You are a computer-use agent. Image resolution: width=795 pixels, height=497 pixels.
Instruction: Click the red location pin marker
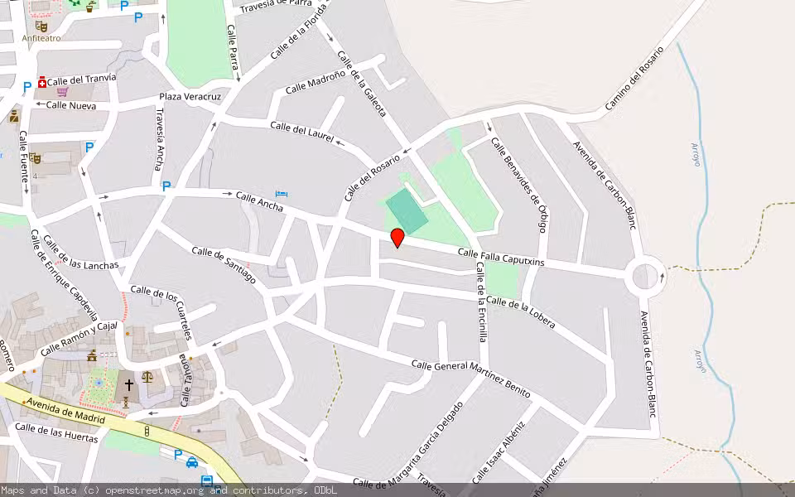[x=397, y=238]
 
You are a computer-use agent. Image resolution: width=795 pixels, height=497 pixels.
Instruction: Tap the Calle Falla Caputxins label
[x=501, y=257]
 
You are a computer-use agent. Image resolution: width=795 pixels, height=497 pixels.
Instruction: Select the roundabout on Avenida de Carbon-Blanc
[x=646, y=277]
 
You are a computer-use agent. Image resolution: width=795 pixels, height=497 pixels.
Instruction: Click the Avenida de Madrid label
[x=65, y=413]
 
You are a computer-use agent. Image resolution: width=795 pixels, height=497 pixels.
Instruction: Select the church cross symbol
[x=128, y=385]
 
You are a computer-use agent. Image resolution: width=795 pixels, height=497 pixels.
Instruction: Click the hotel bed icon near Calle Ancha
[x=282, y=194]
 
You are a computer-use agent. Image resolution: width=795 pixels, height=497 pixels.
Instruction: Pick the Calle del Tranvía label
[x=81, y=80]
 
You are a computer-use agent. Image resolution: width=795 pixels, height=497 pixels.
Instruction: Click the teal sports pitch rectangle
[x=407, y=210]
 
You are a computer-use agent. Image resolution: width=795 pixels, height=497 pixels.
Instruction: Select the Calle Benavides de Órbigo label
[x=520, y=185]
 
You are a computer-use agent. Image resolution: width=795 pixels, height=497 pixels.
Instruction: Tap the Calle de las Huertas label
[x=56, y=433]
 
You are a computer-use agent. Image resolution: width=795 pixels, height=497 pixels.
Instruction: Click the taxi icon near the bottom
[x=192, y=462]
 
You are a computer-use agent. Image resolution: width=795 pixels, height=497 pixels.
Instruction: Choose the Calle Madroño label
[x=316, y=82]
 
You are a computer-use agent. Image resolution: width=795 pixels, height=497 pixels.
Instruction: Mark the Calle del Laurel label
[x=301, y=132]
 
